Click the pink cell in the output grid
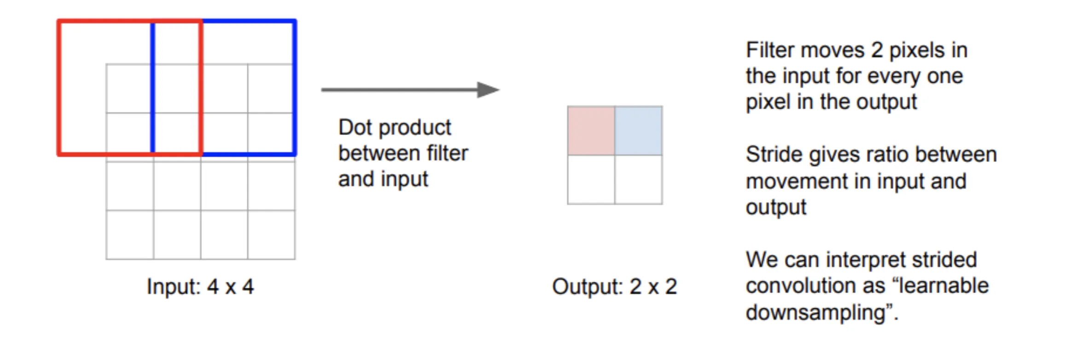pyautogui.click(x=591, y=131)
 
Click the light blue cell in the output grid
pyautogui.click(x=639, y=131)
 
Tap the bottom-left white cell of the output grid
pyautogui.click(x=591, y=180)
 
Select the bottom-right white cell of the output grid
pyautogui.click(x=639, y=180)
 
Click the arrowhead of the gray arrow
pyautogui.click(x=489, y=90)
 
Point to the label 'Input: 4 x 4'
pyautogui.click(x=200, y=286)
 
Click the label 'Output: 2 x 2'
pyautogui.click(x=615, y=286)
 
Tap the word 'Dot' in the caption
pyautogui.click(x=355, y=128)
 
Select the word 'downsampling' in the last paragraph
pyautogui.click(x=815, y=313)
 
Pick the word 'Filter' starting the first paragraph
pyautogui.click(x=769, y=50)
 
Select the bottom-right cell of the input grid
pyautogui.click(x=271, y=235)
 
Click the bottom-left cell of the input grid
pyautogui.click(x=130, y=235)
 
